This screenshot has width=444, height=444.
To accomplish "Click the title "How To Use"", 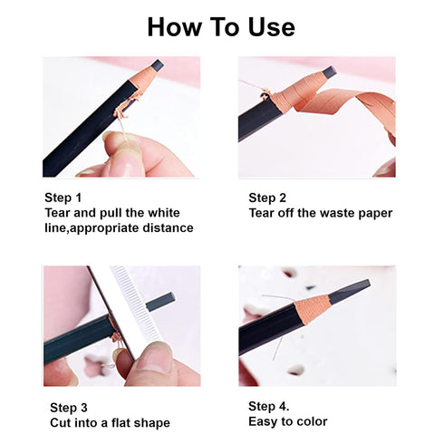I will pos(221,26).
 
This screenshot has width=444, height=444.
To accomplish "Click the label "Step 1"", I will pos(63,198).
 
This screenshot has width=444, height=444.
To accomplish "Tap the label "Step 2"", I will pos(268,198).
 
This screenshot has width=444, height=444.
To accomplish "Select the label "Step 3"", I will pos(68,407).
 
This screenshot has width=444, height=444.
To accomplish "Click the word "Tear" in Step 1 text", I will pos(59,213).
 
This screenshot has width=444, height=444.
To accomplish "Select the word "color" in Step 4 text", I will pos(310,420).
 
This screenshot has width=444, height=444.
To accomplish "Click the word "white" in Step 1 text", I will pos(162,213).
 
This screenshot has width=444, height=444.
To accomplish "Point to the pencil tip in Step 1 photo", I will pos(156,66).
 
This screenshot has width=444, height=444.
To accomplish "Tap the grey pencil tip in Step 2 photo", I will pos(329,72).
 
